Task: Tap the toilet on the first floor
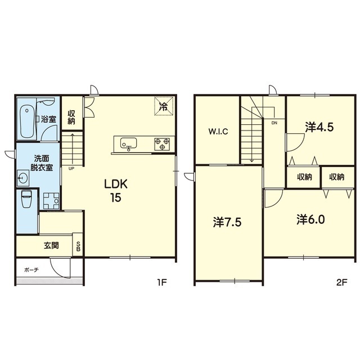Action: point(26,199)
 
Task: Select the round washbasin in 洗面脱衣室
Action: point(23,178)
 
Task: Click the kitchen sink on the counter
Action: point(128,143)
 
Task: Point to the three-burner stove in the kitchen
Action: point(162,144)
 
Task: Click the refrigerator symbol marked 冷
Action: point(164,106)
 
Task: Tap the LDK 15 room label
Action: point(116,191)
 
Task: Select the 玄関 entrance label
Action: point(51,245)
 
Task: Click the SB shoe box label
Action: point(78,246)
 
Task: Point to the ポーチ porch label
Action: point(31,270)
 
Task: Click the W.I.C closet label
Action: point(218,132)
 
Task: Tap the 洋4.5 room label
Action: point(319,127)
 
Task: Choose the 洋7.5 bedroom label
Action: point(227,222)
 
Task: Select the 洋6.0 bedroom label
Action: point(310,219)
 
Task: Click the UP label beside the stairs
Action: point(71,168)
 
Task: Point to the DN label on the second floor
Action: point(274,123)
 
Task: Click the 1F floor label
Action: point(161,282)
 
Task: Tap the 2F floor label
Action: point(341,282)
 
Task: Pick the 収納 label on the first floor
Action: point(71,117)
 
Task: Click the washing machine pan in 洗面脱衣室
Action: point(51,201)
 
